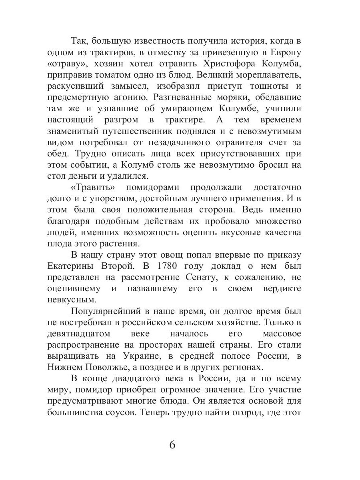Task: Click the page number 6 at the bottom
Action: pyautogui.click(x=172, y=445)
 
